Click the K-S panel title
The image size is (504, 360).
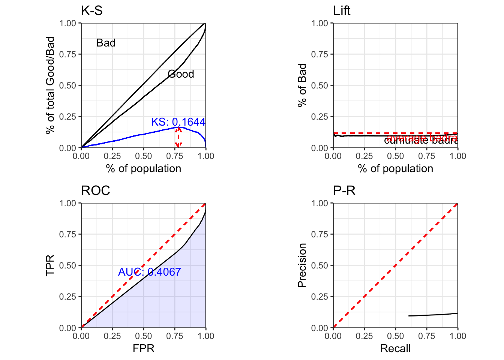point(92,11)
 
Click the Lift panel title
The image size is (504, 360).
point(342,11)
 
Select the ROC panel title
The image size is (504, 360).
point(96,191)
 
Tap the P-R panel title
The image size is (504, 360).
point(344,191)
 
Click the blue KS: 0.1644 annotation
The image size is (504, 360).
point(178,122)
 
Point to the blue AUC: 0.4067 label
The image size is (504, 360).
point(149,272)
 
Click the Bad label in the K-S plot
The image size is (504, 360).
point(106,43)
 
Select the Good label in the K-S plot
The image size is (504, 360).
point(181,74)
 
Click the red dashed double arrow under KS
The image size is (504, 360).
point(178,137)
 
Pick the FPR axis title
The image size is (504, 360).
point(143,349)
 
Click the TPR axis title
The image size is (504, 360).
point(50,265)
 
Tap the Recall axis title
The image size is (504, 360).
point(395,349)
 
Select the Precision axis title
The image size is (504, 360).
point(302,265)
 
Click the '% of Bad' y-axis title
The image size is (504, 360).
point(302,85)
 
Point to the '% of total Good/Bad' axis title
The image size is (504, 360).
point(50,85)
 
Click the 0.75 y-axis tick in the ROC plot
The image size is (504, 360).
point(67,234)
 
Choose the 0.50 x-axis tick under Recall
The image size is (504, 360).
point(395,336)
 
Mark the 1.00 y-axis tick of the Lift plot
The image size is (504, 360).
point(319,23)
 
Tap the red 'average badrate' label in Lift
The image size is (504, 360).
point(422,138)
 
